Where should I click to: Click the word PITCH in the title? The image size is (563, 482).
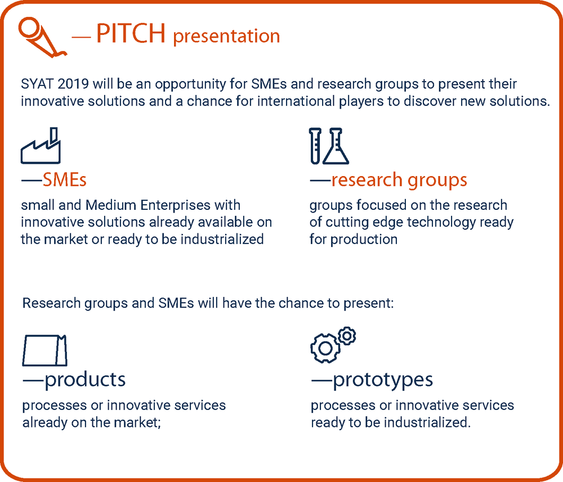coord(131,33)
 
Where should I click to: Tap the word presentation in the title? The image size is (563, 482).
coord(226,36)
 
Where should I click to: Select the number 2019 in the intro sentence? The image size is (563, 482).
coord(73,84)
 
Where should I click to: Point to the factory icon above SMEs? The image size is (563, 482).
coord(41,146)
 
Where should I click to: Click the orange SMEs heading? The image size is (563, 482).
coord(65,179)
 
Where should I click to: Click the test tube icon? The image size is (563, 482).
coord(315,146)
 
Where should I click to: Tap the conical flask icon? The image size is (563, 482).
coord(336,146)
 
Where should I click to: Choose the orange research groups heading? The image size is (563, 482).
coord(399,181)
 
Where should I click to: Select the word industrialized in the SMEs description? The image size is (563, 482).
coord(222,239)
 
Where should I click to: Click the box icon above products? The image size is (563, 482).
coord(44,351)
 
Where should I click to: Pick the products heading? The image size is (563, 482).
coord(85,380)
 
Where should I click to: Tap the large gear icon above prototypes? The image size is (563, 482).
coord(325,348)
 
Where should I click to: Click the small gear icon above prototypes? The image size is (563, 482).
coord(347,336)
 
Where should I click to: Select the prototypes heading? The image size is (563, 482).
coord(383,380)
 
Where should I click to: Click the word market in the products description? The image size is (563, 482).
coord(137,422)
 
